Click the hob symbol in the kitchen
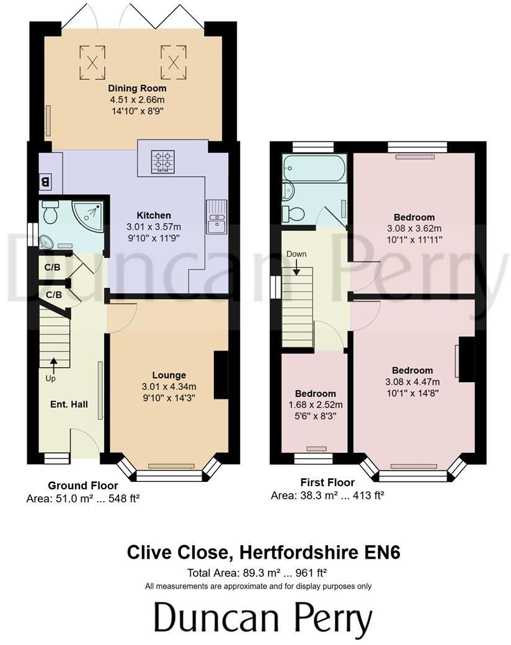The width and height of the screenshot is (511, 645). tap(163, 160)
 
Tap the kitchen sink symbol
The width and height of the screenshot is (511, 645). tap(218, 217)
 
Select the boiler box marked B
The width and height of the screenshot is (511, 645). tap(45, 182)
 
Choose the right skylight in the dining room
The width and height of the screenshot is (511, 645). tap(174, 60)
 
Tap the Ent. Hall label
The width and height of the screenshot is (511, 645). tap(69, 404)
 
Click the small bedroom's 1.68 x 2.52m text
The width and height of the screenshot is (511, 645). tap(315, 405)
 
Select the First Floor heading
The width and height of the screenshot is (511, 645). tap(327, 483)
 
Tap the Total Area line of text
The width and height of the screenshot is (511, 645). tap(257, 574)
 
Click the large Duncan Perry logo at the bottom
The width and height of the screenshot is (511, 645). tap(263, 619)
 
